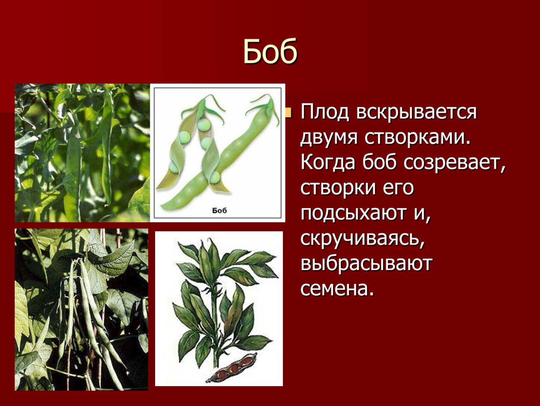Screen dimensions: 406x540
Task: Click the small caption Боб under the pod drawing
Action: coord(219,210)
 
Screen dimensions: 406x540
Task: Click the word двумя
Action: coord(328,139)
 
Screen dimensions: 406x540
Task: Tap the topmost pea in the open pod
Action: coord(203,124)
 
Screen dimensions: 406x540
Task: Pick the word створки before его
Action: coord(340,188)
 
